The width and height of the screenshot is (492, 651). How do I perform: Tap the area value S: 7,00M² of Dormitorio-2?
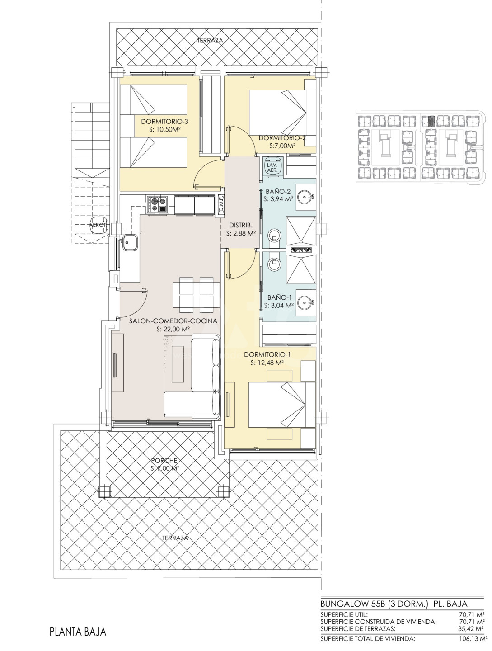pos(283,146)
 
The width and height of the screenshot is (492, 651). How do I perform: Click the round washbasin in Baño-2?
pos(306,195)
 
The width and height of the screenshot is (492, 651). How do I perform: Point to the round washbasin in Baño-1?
pos(306,302)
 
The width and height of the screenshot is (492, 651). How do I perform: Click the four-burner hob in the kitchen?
pos(157,204)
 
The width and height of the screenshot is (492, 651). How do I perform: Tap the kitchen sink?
pos(129,242)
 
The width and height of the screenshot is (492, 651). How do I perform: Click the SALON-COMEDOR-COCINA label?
pos(173,321)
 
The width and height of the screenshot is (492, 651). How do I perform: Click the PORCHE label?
pos(164,461)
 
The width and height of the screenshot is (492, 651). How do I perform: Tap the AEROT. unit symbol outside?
pos(98,226)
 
